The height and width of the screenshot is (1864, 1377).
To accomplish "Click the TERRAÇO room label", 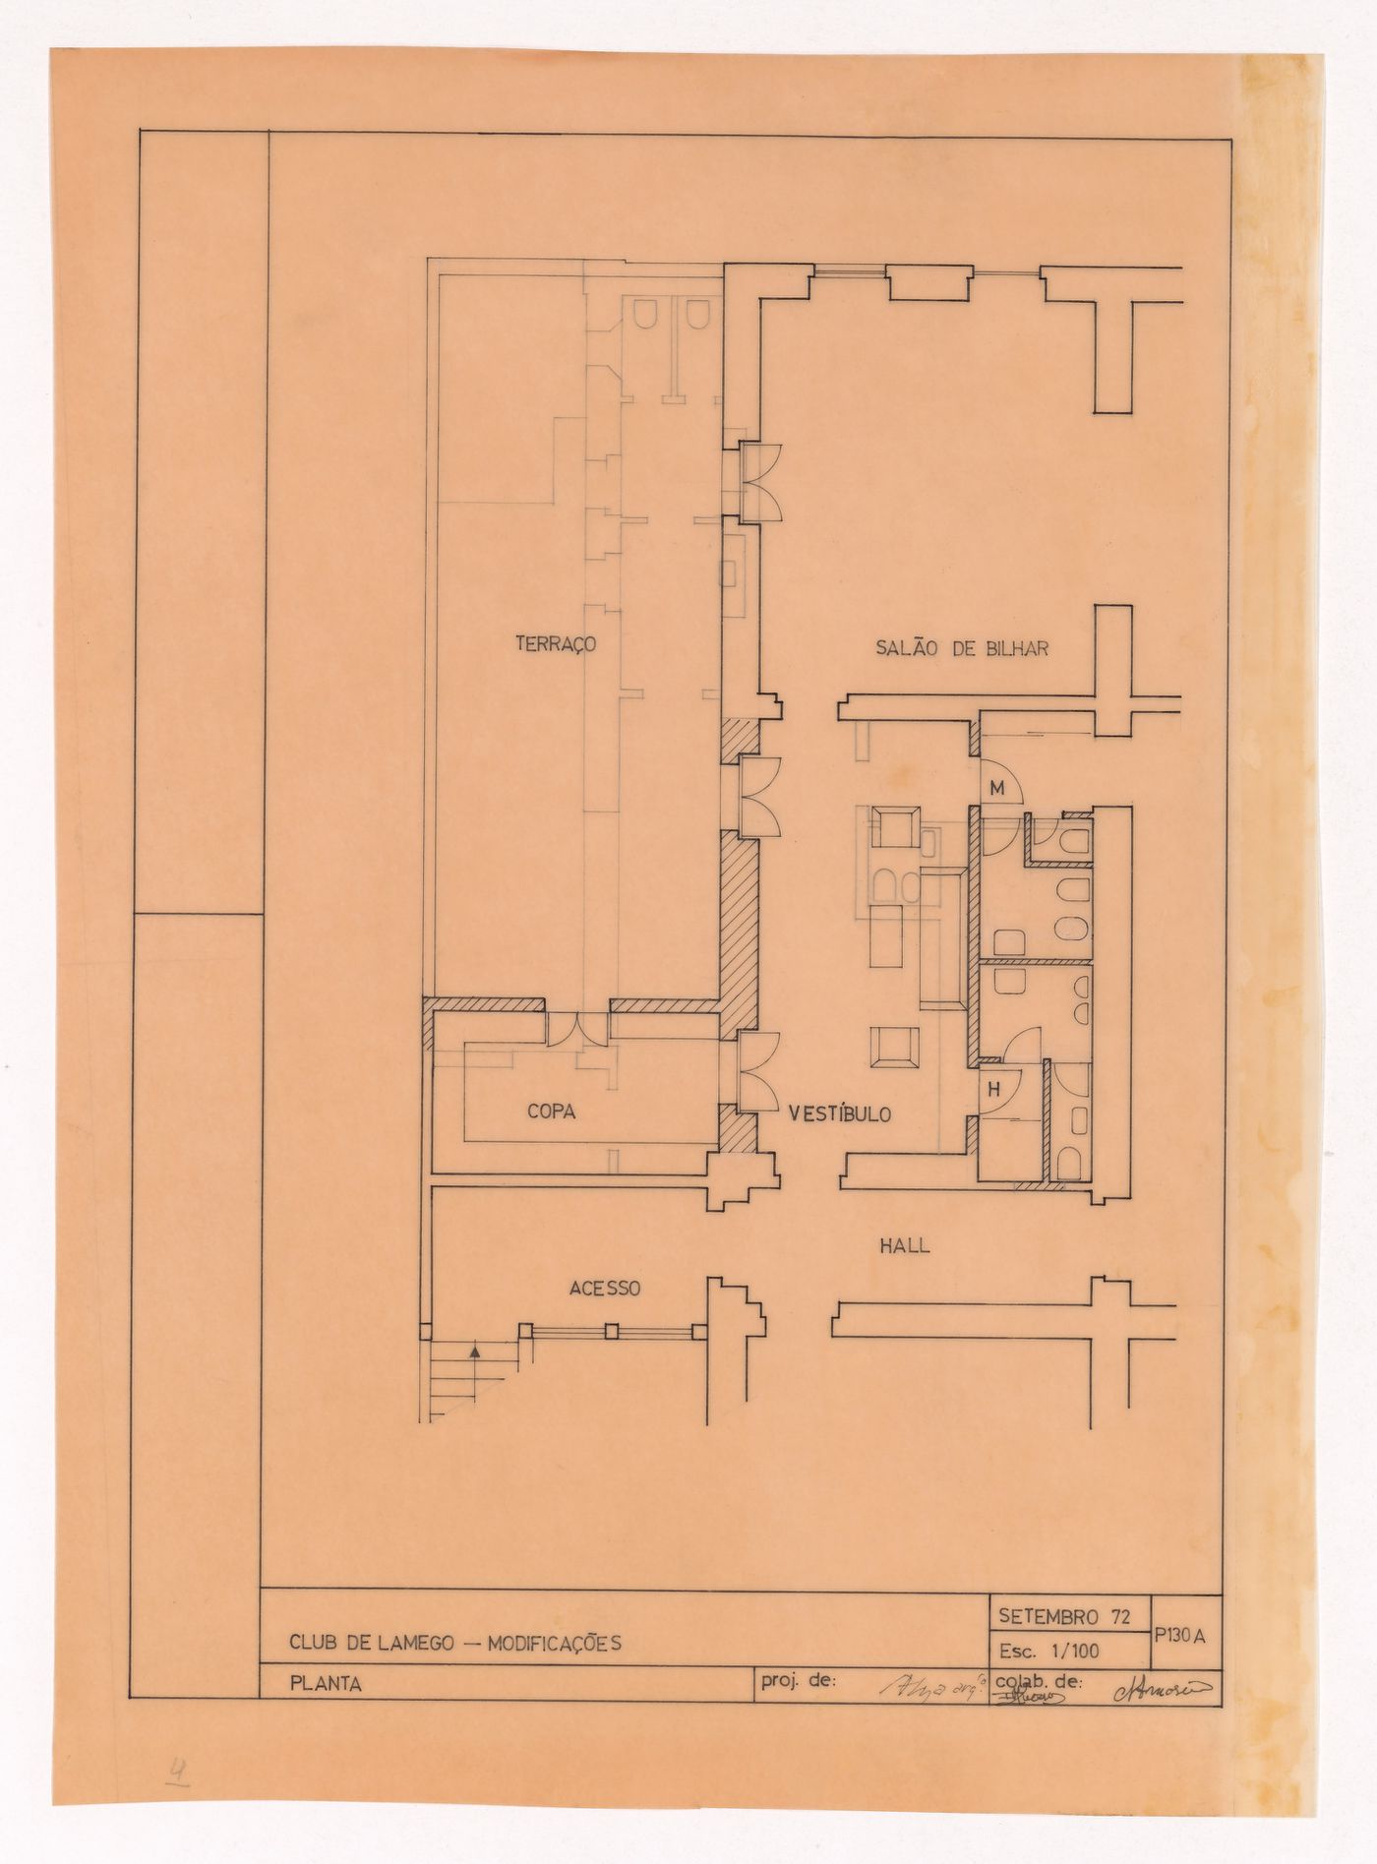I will pyautogui.click(x=557, y=644).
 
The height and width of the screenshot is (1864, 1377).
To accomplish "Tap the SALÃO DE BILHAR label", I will pyautogui.click(x=962, y=648).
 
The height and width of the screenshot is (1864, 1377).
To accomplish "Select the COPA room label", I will pyautogui.click(x=551, y=1112).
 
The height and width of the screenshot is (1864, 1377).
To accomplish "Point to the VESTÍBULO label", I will pyautogui.click(x=839, y=1114).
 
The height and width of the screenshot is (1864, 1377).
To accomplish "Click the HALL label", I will pyautogui.click(x=904, y=1245).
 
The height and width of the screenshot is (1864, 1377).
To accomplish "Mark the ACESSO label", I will pyautogui.click(x=605, y=1288).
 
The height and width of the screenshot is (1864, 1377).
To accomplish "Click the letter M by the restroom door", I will pyautogui.click(x=996, y=789).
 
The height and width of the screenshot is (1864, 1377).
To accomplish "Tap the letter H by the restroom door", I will pyautogui.click(x=994, y=1089).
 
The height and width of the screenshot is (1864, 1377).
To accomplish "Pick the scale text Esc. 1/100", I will pyautogui.click(x=1048, y=1650).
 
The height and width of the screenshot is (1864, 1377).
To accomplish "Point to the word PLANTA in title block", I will pyautogui.click(x=326, y=1684).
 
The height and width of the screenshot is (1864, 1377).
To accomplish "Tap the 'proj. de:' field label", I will pyautogui.click(x=798, y=1681).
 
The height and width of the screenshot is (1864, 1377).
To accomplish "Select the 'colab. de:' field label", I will pyautogui.click(x=1039, y=1681).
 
